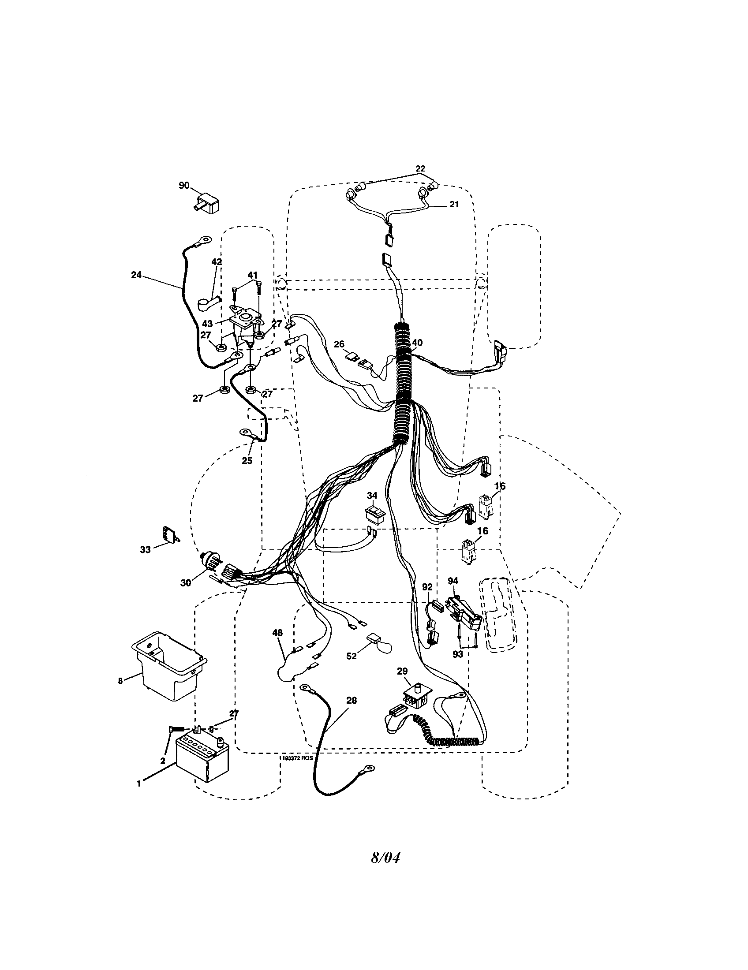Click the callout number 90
click(x=184, y=185)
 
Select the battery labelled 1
click(x=202, y=760)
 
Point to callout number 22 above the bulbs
click(x=420, y=168)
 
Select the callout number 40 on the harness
click(x=417, y=343)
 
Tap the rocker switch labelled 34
click(x=375, y=514)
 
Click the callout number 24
click(x=136, y=275)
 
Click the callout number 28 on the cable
click(x=351, y=701)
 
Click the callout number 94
click(x=453, y=581)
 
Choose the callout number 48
click(x=277, y=632)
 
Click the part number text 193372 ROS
click(x=297, y=758)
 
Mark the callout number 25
click(x=247, y=461)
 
